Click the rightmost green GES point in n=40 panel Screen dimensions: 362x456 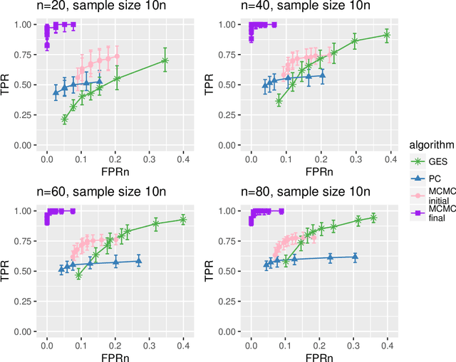pos(386,34)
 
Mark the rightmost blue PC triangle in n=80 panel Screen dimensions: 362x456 pos(355,257)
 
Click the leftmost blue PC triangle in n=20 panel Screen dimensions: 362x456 pos(56,92)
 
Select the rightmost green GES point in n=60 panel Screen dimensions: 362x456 pos(183,220)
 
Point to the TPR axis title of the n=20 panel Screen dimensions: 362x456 pos(7,85)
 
